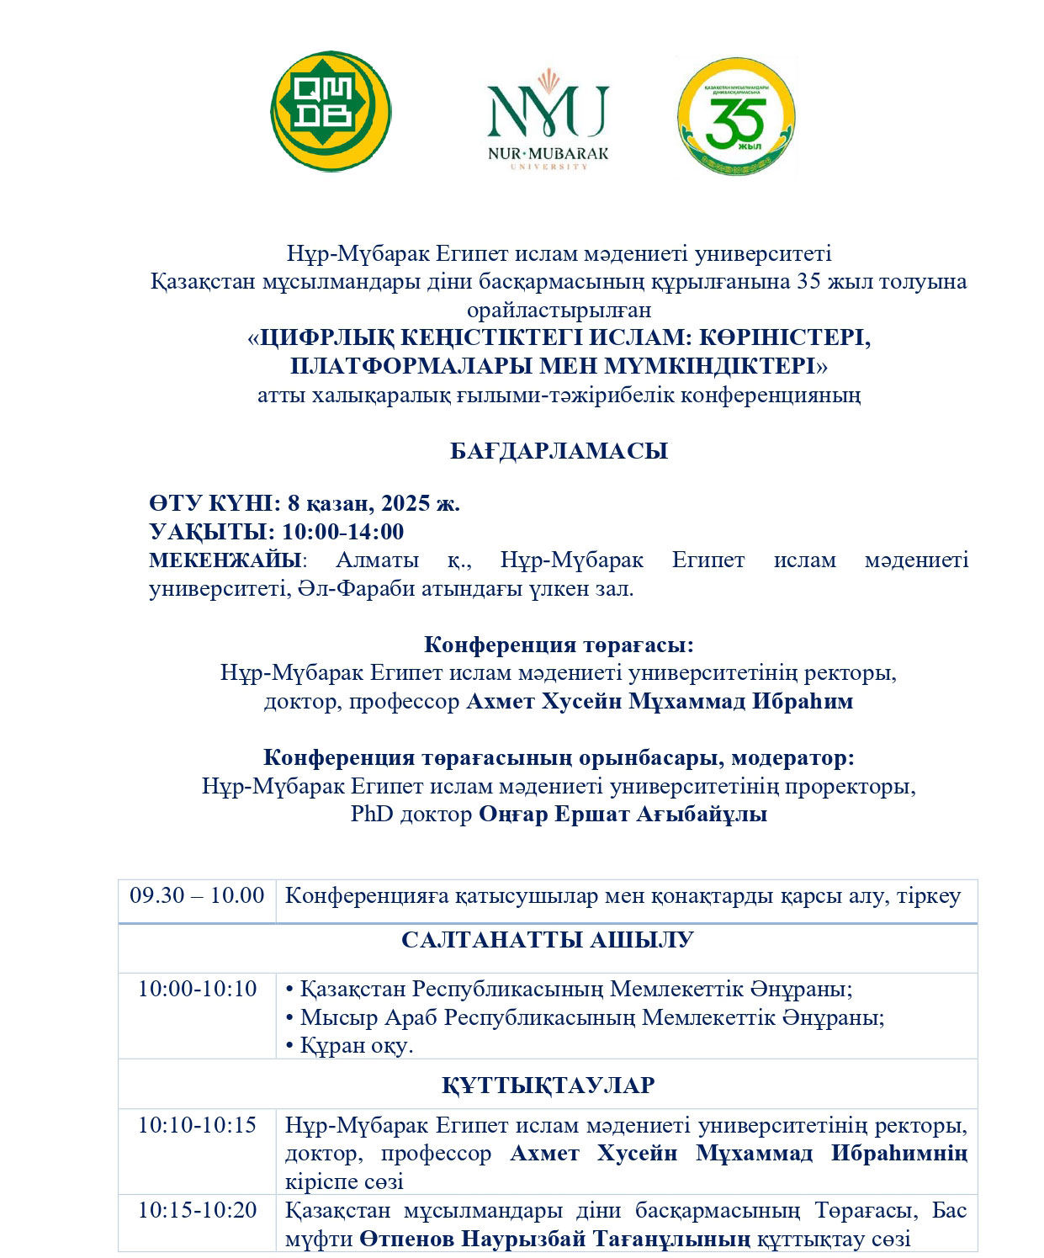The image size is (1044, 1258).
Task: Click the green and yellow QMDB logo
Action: tap(331, 111)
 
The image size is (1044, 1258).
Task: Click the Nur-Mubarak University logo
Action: tap(548, 119)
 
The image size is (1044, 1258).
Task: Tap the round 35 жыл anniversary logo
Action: tap(736, 116)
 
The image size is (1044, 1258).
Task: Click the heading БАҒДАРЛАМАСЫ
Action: tap(559, 451)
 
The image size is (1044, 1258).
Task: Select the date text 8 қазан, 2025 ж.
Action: tap(374, 503)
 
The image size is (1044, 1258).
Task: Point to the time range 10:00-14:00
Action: tap(342, 532)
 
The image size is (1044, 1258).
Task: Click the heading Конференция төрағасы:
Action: tap(559, 645)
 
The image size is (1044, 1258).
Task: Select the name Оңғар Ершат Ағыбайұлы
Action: tap(623, 815)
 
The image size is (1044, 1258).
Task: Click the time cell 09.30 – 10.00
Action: tap(197, 895)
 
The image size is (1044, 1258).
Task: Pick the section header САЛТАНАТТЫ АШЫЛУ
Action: tap(548, 940)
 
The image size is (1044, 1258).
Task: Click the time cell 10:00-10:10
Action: tap(197, 989)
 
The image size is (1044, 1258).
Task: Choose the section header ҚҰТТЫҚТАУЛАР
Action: tap(548, 1085)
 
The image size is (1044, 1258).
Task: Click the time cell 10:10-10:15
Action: tap(197, 1125)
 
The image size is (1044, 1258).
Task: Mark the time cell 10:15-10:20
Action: tap(197, 1210)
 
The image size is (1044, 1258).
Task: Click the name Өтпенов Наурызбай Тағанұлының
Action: tap(554, 1239)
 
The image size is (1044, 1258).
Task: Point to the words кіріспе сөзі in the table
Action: tap(344, 1181)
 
